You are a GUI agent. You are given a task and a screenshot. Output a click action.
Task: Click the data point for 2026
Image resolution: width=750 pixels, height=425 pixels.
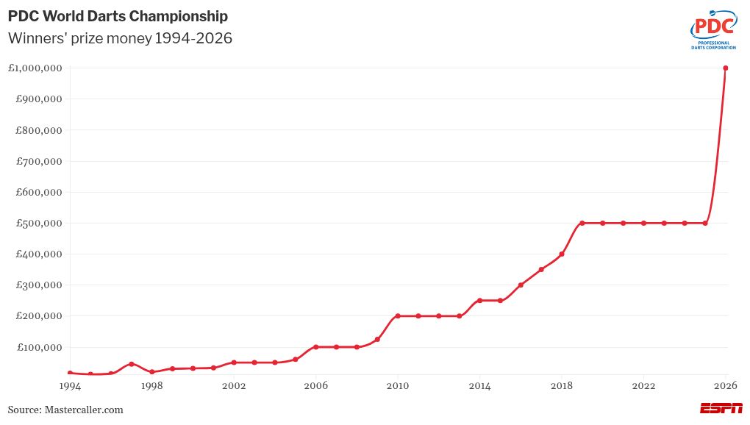coord(725,68)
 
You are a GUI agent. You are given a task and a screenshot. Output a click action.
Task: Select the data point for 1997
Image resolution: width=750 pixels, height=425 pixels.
coord(131,364)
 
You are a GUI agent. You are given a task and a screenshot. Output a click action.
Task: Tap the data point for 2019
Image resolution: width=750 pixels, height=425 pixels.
coord(582,223)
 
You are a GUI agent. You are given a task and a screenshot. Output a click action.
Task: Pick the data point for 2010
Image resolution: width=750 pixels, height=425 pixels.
coord(397,316)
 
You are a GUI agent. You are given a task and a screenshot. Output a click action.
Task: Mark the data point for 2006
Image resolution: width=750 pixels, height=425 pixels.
coord(315,347)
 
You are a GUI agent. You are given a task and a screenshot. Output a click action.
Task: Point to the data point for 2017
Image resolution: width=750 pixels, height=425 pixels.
coord(541,270)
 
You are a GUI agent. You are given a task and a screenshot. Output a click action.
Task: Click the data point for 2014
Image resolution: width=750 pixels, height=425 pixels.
coord(479,301)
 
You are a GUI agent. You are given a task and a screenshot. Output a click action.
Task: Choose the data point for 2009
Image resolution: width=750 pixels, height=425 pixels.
coord(377,340)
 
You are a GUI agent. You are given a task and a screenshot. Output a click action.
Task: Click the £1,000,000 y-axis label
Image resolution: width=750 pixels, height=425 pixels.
coord(35,68)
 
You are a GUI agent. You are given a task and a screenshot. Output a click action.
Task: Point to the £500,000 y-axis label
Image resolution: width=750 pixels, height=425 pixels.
coord(38,224)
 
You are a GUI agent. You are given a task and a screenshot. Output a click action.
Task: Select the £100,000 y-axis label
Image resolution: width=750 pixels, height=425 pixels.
coord(38,347)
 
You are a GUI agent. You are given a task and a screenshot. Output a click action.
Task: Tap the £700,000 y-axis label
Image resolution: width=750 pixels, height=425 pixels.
coord(38,161)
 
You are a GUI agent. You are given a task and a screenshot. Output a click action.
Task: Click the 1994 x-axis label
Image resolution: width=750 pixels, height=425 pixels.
coord(70,385)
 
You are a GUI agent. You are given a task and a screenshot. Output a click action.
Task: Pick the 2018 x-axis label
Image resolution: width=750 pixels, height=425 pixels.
coord(562,385)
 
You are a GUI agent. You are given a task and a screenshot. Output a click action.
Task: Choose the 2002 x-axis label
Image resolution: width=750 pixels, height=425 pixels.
coord(234,385)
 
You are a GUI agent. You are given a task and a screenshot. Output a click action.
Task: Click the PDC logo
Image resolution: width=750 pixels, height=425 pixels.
coord(713,30)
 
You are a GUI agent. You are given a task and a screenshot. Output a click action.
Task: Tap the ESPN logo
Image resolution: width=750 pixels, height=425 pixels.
coord(721,409)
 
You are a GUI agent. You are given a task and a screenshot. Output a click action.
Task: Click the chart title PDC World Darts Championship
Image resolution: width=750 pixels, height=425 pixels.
coord(118,16)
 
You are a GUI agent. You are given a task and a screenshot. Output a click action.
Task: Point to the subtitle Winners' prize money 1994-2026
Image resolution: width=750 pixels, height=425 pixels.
coord(120,38)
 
